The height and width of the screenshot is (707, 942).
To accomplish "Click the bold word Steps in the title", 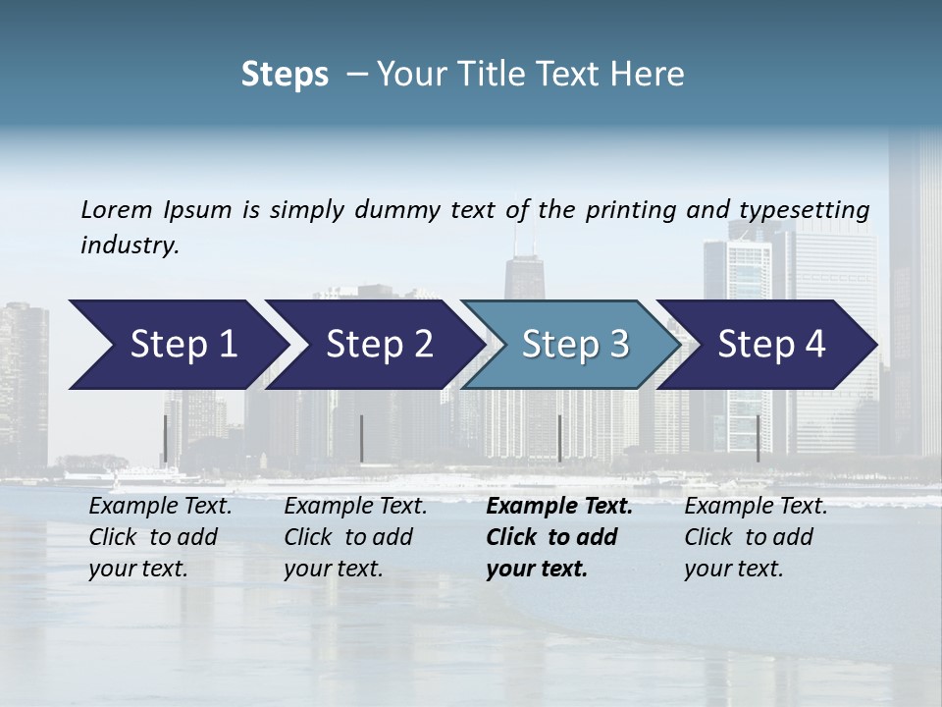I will pos(285,75).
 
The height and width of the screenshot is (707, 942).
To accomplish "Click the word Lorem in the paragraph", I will pos(117,209).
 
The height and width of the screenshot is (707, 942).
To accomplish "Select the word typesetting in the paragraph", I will pos(804,209).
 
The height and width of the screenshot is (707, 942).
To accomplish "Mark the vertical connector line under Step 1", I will pos(165,439).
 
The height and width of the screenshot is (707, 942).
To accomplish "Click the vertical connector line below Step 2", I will pos(362,439).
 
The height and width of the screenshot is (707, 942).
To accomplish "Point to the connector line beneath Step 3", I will pos(559,439).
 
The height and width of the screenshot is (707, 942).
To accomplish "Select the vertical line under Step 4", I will pos(758,439).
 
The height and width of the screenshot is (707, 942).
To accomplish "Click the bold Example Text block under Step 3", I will pos(559,537).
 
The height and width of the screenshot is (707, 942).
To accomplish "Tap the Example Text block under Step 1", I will pos(160,537).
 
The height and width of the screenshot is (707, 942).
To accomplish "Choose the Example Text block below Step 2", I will pos(355,537).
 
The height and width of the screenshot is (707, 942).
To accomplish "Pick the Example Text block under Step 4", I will pos(756,537).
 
